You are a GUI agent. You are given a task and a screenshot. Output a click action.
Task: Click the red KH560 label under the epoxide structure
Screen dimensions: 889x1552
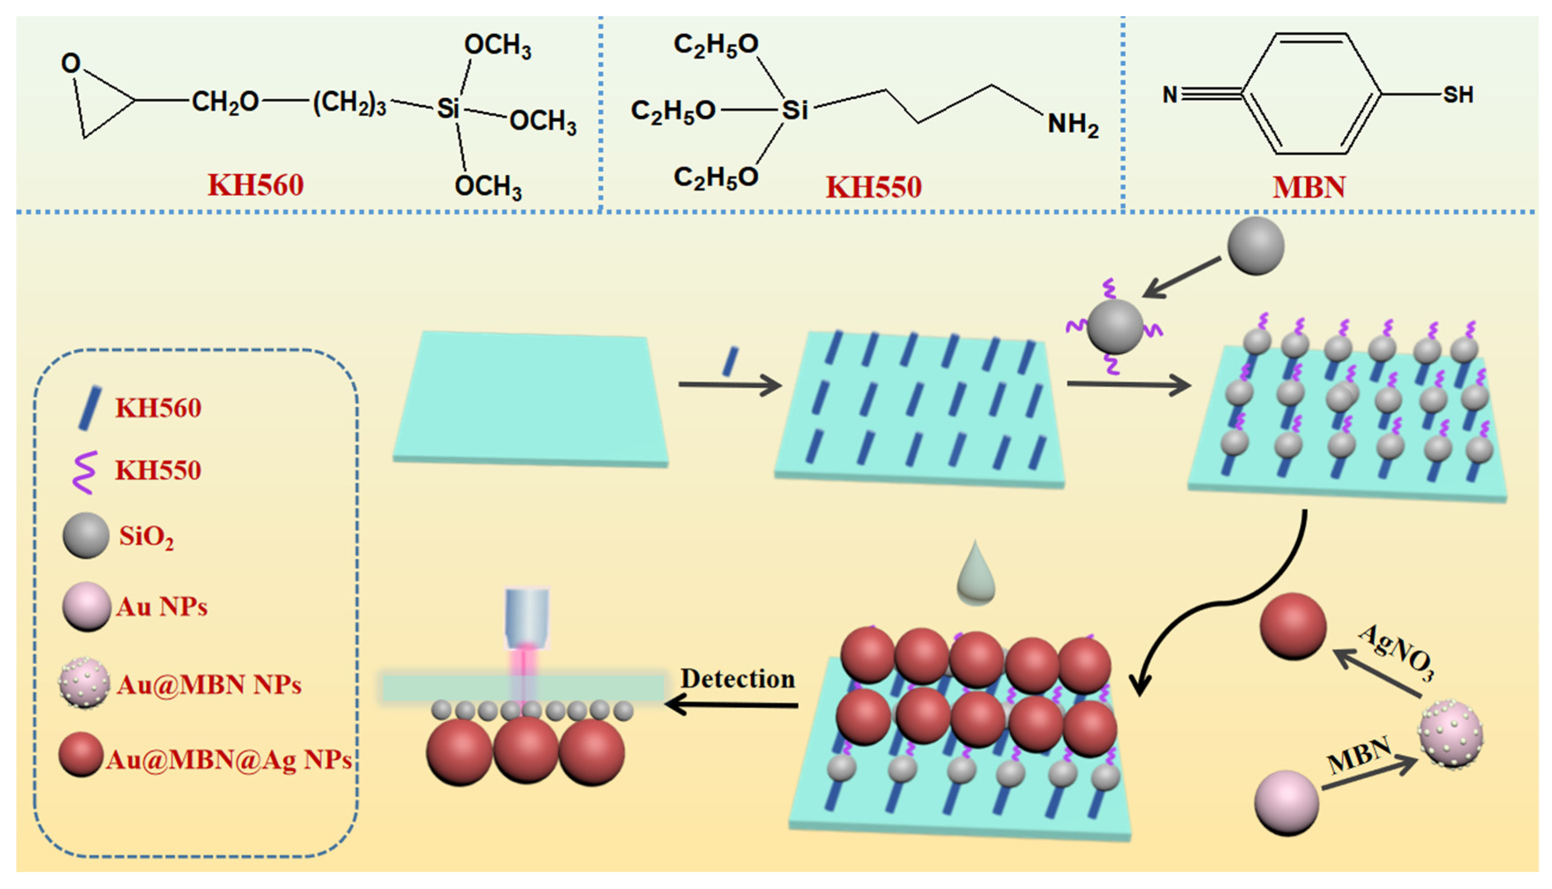(x=255, y=185)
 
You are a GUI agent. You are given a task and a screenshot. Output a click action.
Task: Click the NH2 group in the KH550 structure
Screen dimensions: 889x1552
(x=1073, y=125)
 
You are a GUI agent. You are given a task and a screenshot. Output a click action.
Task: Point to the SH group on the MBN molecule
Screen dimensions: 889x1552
(x=1457, y=95)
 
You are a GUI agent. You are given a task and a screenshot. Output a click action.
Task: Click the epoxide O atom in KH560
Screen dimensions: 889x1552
(x=71, y=63)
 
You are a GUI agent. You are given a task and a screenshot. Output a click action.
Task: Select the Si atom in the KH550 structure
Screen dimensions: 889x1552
(x=795, y=110)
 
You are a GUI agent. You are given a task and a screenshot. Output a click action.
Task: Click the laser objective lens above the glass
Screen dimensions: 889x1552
(x=527, y=617)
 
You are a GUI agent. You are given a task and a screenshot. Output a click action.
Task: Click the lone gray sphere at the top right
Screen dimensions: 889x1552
(x=1255, y=246)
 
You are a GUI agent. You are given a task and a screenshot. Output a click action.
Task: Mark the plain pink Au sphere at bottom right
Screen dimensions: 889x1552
(x=1287, y=802)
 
